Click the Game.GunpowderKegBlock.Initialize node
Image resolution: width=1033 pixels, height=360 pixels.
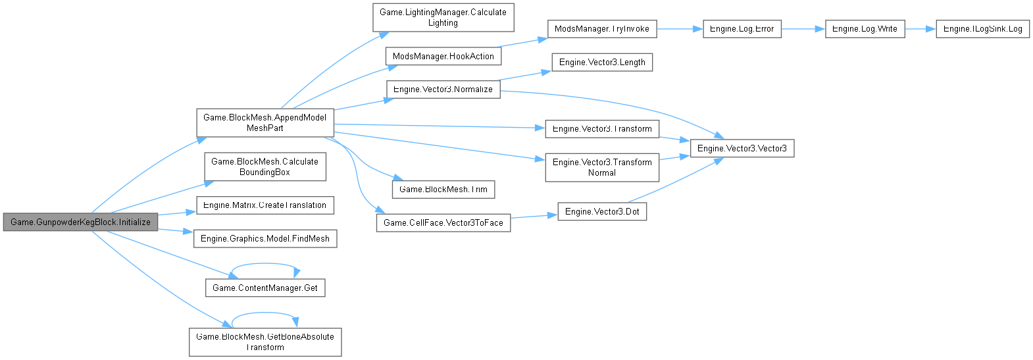click(x=80, y=222)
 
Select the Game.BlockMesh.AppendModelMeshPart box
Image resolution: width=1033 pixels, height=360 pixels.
click(x=265, y=123)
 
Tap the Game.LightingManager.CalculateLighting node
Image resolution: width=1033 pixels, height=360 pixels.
click(x=443, y=18)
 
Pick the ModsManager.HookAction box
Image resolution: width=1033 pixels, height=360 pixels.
click(x=443, y=57)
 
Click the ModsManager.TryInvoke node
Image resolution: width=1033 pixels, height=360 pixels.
click(x=601, y=29)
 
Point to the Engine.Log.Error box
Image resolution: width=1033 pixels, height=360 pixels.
click(x=742, y=29)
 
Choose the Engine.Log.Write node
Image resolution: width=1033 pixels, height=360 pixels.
click(x=865, y=29)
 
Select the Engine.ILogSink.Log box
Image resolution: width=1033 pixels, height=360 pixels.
click(x=982, y=29)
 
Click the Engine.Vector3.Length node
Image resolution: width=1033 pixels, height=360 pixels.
click(x=602, y=63)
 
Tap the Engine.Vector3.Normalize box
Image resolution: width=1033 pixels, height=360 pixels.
click(x=443, y=90)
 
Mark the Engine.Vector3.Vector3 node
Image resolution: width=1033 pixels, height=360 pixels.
click(x=742, y=149)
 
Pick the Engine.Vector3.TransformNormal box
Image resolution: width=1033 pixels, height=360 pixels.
click(x=602, y=168)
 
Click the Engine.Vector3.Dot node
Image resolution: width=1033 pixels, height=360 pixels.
click(x=602, y=212)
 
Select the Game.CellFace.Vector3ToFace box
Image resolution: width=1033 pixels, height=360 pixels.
click(x=443, y=223)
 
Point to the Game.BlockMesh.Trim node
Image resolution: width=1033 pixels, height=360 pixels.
click(x=443, y=190)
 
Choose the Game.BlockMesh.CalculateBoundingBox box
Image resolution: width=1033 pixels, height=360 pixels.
click(x=265, y=167)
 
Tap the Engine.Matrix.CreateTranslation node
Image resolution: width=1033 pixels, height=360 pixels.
click(x=265, y=205)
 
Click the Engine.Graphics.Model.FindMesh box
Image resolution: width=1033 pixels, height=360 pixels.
click(x=265, y=238)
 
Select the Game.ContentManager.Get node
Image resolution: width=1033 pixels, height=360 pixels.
click(x=265, y=288)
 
